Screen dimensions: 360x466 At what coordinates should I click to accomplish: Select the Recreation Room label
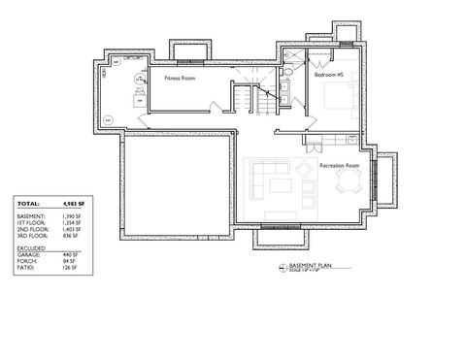[340, 166]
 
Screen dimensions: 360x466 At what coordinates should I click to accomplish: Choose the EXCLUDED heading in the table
[32, 248]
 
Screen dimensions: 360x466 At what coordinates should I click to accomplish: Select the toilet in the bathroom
[289, 74]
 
